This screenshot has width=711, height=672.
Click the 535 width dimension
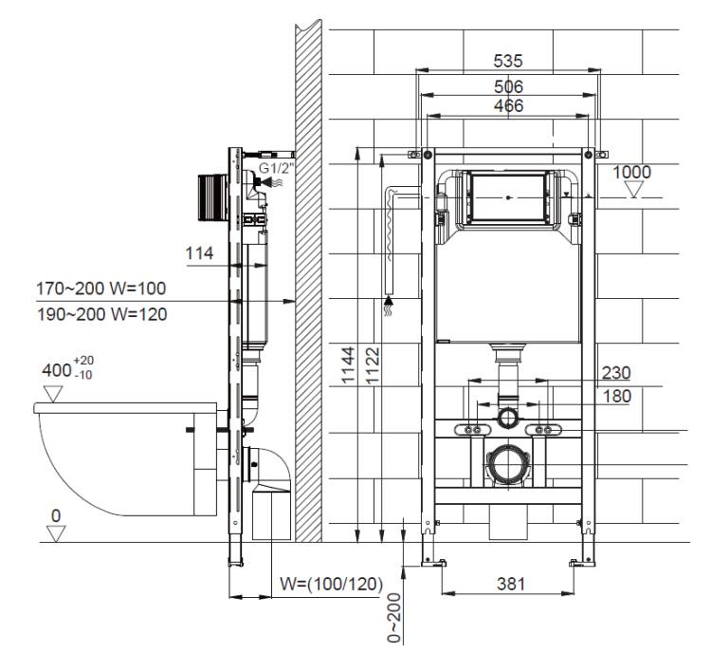508,61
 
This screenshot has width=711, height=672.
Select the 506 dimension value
508,86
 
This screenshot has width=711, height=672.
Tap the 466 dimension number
508,105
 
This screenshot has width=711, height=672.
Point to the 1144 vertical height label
348,365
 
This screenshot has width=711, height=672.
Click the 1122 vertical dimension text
373,366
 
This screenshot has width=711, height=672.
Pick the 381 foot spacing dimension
511,584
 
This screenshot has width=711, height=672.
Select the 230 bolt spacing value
616,373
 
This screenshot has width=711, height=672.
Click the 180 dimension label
617,397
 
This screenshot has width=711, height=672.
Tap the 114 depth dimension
199,252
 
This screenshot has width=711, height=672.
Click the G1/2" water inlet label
276,168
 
